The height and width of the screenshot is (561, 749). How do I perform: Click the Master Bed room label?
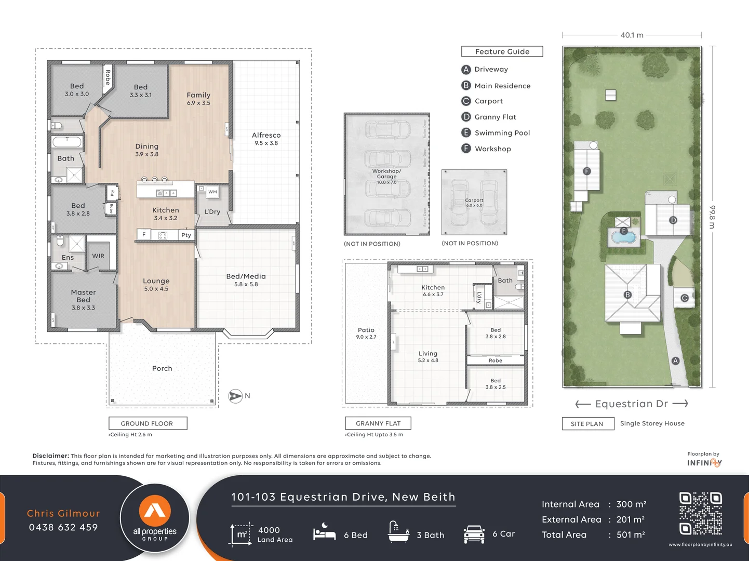tap(83, 296)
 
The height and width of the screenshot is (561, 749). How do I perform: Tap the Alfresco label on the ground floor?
tap(266, 135)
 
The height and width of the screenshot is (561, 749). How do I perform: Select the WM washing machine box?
tap(212, 192)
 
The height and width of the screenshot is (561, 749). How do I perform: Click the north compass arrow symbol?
tap(235, 396)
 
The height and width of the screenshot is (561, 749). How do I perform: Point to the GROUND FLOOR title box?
tap(148, 423)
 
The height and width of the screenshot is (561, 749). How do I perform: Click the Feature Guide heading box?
tap(502, 51)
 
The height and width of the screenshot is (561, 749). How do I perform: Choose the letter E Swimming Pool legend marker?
tap(466, 132)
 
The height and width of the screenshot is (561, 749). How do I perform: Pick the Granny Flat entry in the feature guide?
tap(495, 117)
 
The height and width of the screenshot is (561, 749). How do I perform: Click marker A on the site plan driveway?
tap(675, 360)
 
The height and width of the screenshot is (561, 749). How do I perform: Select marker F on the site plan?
tap(586, 171)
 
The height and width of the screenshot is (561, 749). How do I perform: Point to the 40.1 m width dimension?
tap(632, 35)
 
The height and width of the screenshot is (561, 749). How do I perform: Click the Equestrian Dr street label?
tap(631, 404)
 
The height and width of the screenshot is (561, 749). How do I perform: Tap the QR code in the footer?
tap(700, 514)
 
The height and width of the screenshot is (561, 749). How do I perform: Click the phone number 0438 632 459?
tap(63, 527)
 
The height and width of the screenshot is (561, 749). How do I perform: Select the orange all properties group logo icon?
tap(155, 510)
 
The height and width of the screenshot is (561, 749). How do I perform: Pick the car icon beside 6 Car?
tap(474, 534)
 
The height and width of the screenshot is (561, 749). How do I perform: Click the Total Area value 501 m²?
tap(630, 535)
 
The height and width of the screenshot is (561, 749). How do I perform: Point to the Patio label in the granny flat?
tap(366, 330)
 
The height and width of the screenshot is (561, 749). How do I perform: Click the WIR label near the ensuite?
tap(98, 256)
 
